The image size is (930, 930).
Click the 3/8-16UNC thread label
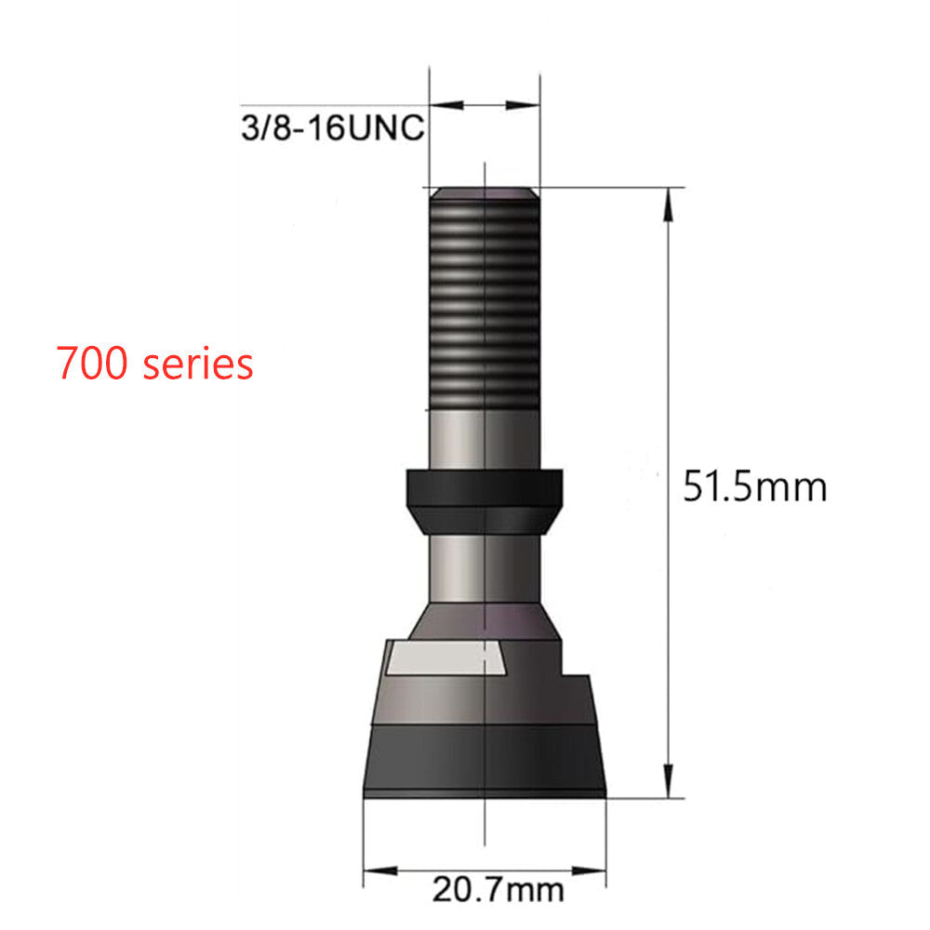coord(333,127)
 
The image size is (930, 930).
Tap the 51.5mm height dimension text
coord(754,487)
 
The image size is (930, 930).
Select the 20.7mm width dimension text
coord(498,890)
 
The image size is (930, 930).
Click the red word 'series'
coord(198,364)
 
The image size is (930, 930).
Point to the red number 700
coord(91,363)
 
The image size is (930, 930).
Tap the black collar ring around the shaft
coord(485,501)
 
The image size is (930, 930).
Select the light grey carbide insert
coord(446,658)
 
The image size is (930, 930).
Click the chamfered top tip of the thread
coord(485,193)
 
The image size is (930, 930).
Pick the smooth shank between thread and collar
coord(485,439)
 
